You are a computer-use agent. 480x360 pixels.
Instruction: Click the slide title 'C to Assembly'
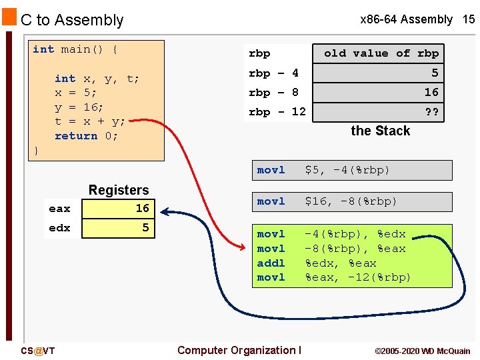[x=72, y=20]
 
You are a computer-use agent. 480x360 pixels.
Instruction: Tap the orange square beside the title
[x=9, y=17]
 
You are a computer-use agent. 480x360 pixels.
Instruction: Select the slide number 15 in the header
[x=469, y=19]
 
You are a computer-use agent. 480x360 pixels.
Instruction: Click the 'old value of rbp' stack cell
[x=381, y=53]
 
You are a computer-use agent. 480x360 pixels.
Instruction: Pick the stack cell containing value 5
[x=381, y=73]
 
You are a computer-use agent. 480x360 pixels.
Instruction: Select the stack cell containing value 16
[x=381, y=92]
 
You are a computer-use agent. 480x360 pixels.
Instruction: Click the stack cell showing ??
[x=381, y=112]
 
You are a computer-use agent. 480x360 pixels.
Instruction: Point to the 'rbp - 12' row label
[x=277, y=112]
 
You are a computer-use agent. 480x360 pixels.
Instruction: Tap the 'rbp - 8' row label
[x=273, y=93]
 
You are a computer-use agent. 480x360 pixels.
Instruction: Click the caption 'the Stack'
[x=380, y=131]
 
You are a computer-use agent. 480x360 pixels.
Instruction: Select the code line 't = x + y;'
[x=89, y=121]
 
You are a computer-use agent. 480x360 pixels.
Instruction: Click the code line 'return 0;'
[x=86, y=136]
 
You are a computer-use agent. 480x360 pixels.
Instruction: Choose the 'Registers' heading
[x=119, y=190]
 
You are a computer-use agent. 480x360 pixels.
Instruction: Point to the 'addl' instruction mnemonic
[x=271, y=263]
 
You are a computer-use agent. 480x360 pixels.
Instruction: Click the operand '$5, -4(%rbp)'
[x=347, y=171]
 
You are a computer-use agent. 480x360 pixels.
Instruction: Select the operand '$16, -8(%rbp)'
[x=351, y=201]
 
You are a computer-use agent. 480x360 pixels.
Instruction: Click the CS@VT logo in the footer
[x=38, y=351]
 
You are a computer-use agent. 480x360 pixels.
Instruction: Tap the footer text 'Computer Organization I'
[x=239, y=350]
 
